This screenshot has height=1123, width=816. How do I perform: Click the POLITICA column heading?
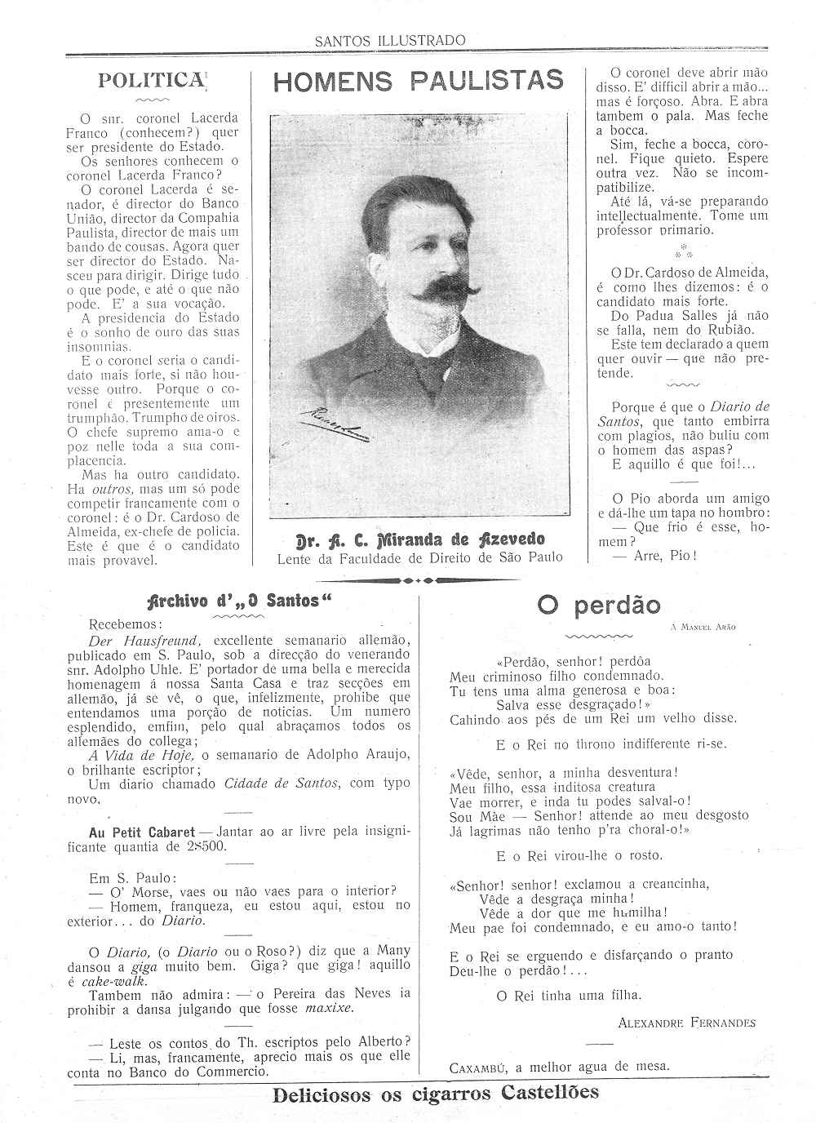coord(150,80)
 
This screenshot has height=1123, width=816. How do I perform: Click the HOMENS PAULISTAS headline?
coord(419,80)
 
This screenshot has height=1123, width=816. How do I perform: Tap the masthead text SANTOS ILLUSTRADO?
coord(390,40)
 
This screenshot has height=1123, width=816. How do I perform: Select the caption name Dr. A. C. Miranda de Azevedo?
coord(419,539)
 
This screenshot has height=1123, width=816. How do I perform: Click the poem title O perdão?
coord(598,605)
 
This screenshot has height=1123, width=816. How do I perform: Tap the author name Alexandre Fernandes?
coord(686,1023)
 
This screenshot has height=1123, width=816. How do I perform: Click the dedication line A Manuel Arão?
coord(702,627)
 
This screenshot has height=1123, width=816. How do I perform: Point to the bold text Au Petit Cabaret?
coord(141,832)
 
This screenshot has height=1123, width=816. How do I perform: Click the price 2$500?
coord(208,846)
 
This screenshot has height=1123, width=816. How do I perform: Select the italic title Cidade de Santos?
coord(281,783)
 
